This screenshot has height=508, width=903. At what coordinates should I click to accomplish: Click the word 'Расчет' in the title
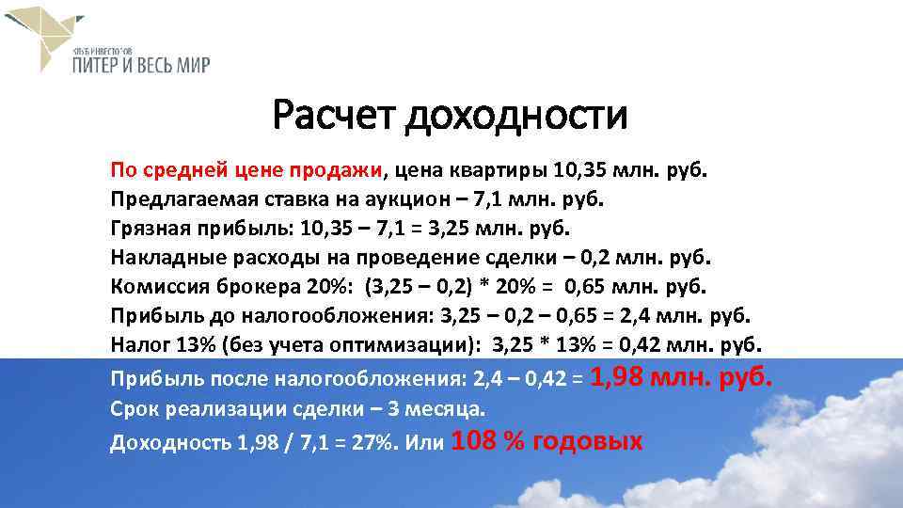(x=334, y=117)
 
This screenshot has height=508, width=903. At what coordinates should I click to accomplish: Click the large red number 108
(x=475, y=440)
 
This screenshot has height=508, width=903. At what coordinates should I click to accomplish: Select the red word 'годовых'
(x=588, y=441)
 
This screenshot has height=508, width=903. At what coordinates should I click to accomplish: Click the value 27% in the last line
(x=374, y=443)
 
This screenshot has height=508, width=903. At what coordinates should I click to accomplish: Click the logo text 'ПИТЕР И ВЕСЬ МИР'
(x=142, y=64)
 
